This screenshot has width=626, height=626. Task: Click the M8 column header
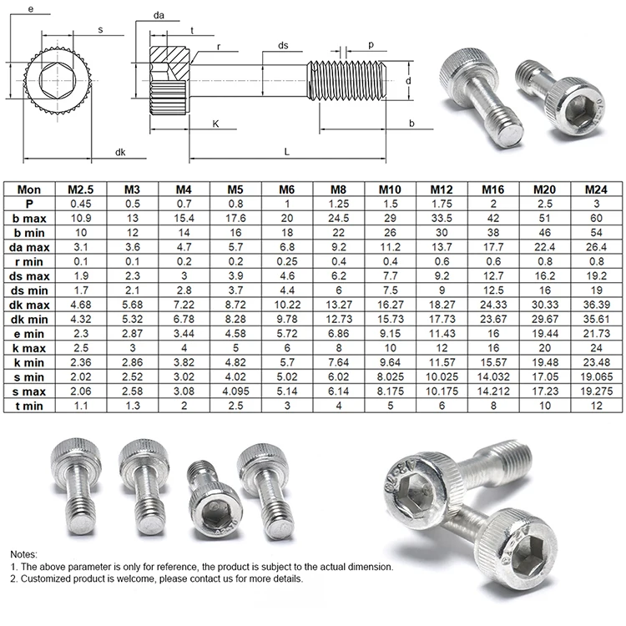(339, 189)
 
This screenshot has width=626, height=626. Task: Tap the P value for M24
(597, 203)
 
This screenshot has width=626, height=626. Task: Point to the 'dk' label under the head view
(120, 152)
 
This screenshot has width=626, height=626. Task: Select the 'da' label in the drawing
(159, 15)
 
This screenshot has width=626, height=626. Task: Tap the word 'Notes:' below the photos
(25, 553)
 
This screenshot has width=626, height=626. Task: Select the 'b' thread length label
(411, 124)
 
